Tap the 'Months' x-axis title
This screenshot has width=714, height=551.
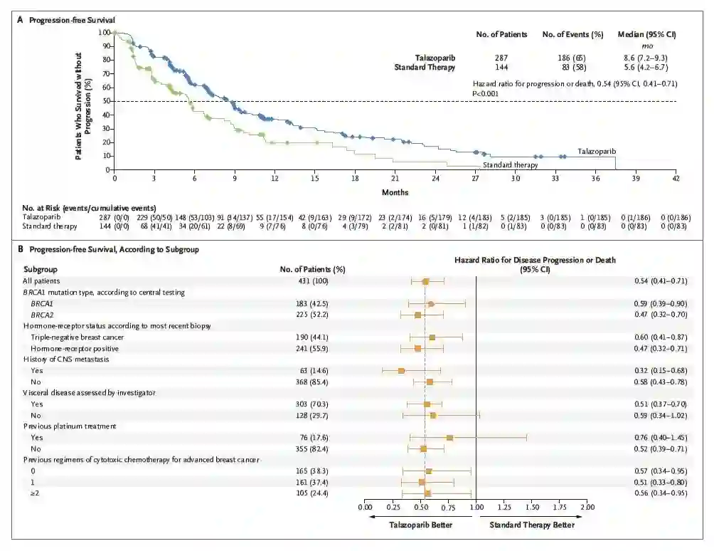(395, 191)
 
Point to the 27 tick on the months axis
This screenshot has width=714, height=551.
(476, 178)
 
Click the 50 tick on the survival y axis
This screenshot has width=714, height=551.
(106, 101)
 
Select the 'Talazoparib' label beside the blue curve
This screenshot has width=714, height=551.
(596, 152)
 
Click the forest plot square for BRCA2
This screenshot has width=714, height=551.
(417, 315)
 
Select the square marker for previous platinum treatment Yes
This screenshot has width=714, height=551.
(449, 438)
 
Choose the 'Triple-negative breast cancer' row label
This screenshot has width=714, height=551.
(78, 337)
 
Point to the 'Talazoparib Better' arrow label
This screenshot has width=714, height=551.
(420, 525)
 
